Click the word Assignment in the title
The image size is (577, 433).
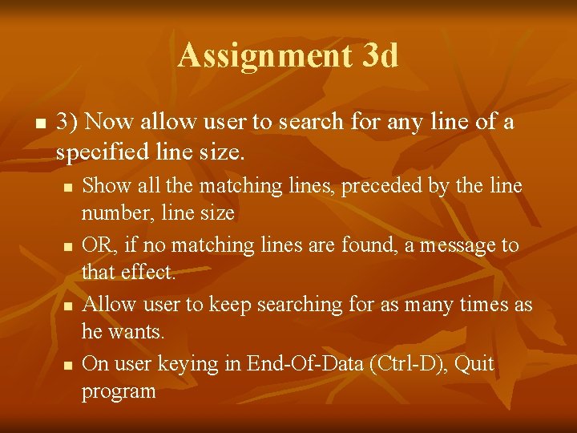point(265,56)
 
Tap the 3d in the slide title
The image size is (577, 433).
point(380,56)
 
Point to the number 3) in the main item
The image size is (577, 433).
point(67,123)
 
